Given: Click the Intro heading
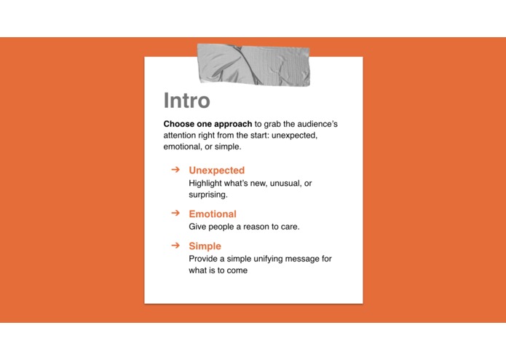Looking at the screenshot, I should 186,101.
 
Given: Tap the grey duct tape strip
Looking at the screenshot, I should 253,64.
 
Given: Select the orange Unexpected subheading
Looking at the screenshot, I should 216,171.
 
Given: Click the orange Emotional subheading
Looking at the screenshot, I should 213,214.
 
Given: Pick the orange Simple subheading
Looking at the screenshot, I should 205,246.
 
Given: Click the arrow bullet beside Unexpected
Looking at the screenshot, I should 175,170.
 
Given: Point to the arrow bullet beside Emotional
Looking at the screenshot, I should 175,214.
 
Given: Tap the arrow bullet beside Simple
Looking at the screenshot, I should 175,246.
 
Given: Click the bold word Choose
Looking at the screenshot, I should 178,124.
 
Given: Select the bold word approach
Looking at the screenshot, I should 232,124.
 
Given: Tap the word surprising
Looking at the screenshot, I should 208,195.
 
